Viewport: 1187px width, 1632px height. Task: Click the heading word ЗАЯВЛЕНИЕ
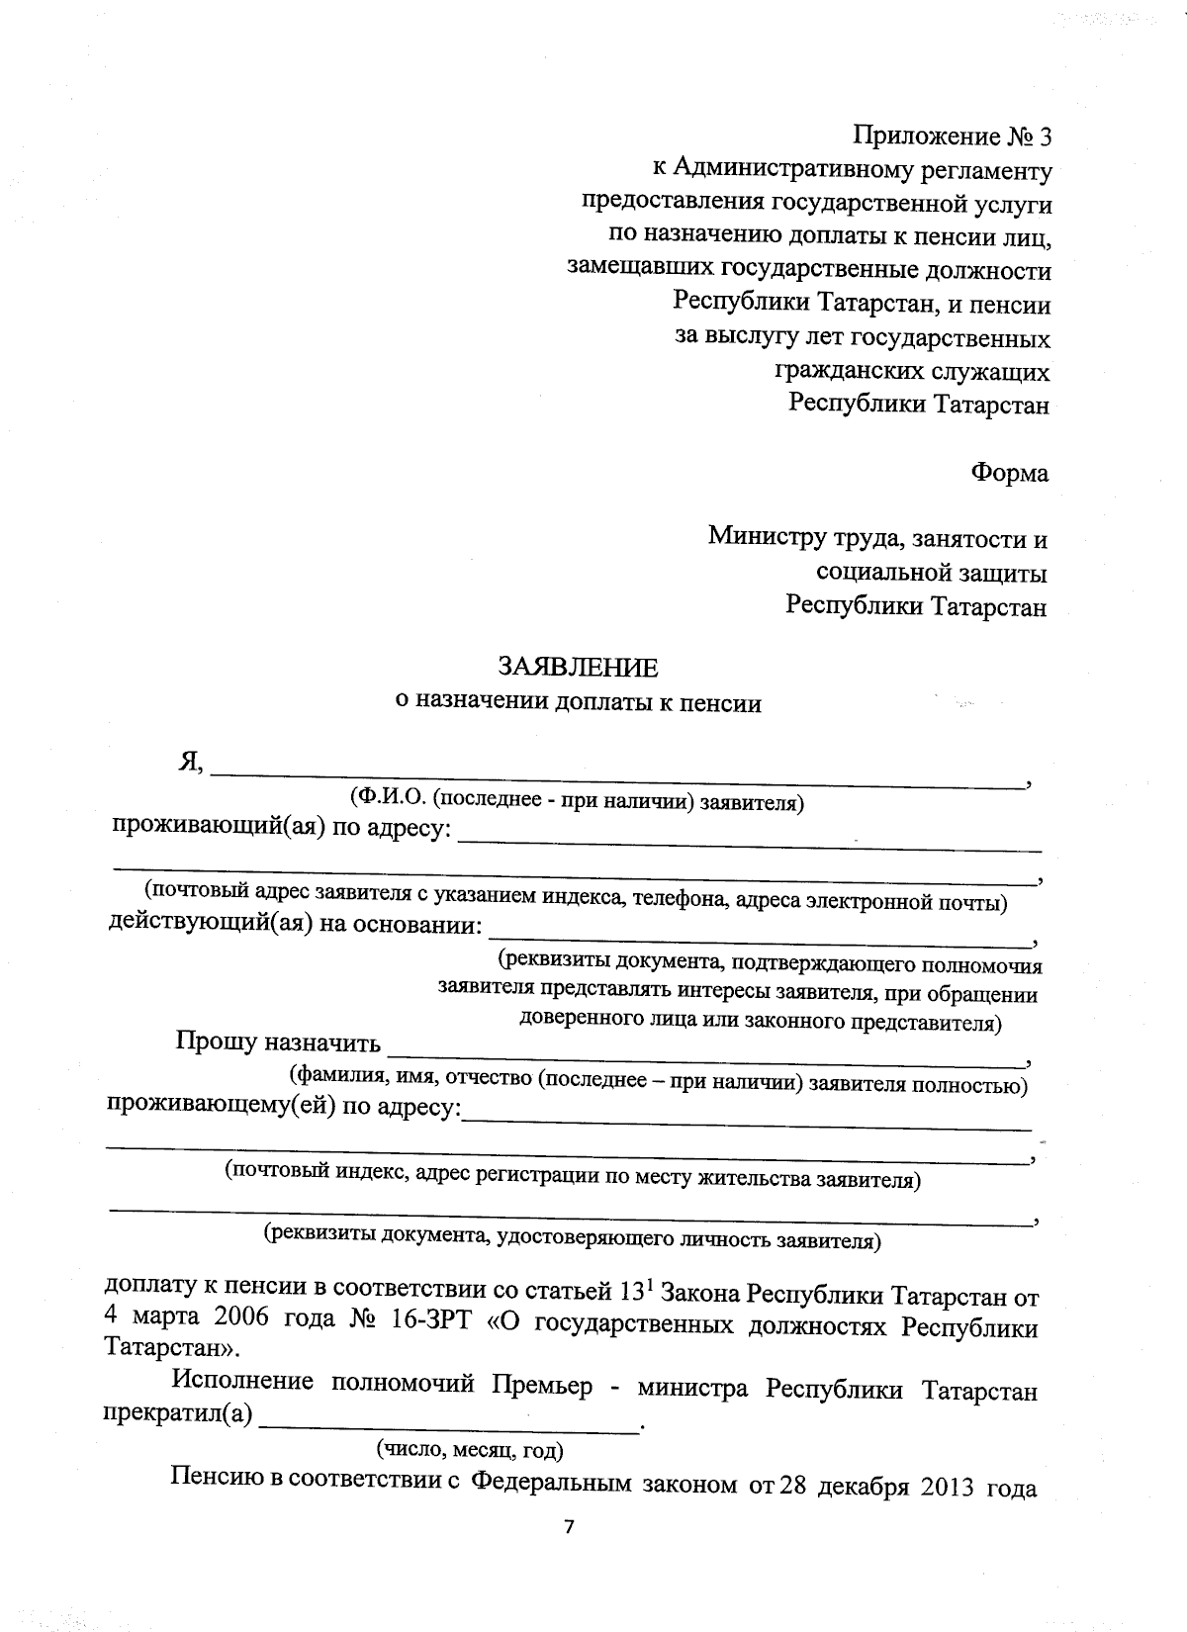click(x=577, y=668)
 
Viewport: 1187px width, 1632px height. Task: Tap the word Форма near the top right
click(x=1009, y=473)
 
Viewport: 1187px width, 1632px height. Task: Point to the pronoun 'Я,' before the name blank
click(x=190, y=762)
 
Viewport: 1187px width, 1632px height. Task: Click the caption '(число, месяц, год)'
click(x=470, y=1450)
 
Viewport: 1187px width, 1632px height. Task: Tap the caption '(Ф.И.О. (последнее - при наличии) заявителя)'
click(x=576, y=802)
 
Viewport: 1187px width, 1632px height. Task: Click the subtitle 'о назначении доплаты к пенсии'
click(x=578, y=703)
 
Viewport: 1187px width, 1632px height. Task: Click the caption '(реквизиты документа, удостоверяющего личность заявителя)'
click(x=571, y=1237)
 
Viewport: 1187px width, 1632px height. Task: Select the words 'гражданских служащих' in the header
click(x=910, y=372)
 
